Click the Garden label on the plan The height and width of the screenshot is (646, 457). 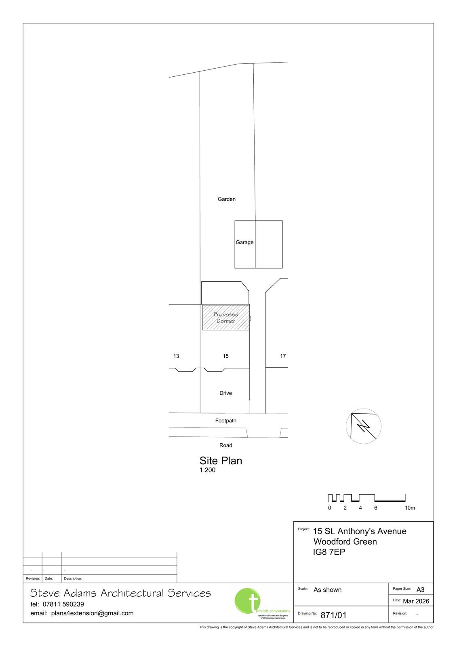[x=226, y=199]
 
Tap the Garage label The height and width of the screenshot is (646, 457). [x=244, y=242]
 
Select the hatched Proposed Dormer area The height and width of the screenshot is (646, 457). [x=226, y=318]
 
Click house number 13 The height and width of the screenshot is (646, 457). [x=176, y=356]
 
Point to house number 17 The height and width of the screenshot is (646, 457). [x=283, y=356]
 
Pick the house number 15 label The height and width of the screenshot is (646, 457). [x=225, y=356]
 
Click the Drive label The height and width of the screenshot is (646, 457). [x=225, y=393]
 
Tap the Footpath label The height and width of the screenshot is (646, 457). [x=225, y=421]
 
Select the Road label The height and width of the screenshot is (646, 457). [x=225, y=445]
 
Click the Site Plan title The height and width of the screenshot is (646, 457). [x=221, y=461]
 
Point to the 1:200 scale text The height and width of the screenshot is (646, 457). [x=207, y=470]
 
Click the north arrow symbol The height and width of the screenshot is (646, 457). [x=364, y=426]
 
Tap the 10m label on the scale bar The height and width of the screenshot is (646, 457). [x=410, y=508]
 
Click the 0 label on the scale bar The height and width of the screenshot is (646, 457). [x=330, y=508]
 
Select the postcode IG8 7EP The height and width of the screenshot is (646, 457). [x=329, y=552]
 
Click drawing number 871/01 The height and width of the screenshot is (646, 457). [x=333, y=615]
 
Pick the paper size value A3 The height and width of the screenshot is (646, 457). [x=420, y=589]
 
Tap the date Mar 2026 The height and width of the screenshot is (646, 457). [x=416, y=601]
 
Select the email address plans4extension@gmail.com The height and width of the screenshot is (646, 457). [x=92, y=613]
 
